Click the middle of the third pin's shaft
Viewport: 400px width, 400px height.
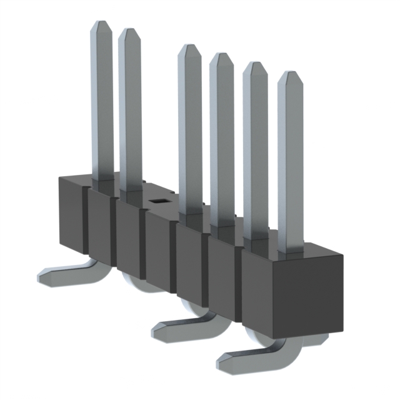[190, 131]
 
